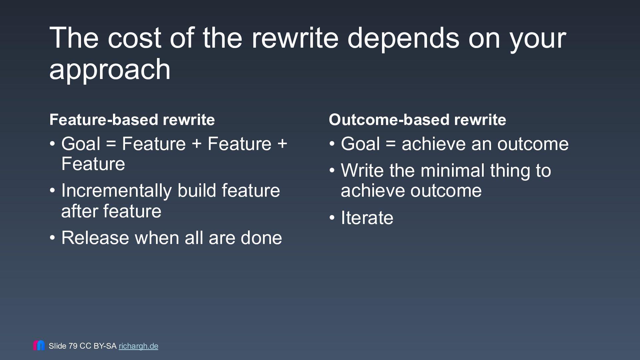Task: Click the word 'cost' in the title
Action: [x=134, y=38]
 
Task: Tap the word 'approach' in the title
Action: [x=110, y=70]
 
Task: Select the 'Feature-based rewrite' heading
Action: [x=132, y=119]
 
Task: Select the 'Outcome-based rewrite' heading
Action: [x=417, y=119]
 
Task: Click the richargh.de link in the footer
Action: [x=138, y=346]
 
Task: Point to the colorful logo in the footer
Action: [x=39, y=345]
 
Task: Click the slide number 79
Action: [x=73, y=346]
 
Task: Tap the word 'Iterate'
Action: [x=367, y=218]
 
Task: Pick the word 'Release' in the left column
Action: [x=95, y=238]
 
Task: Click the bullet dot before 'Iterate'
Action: [x=332, y=218]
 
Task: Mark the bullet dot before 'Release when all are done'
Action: [x=52, y=238]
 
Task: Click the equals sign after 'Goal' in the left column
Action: [x=111, y=144]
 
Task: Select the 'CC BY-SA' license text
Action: [x=98, y=346]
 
